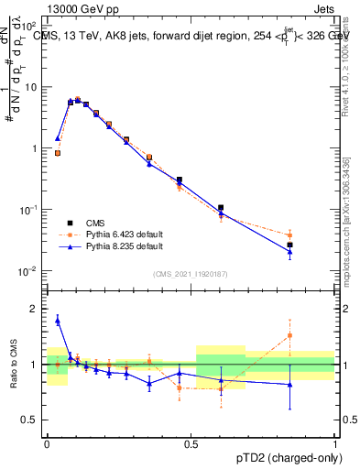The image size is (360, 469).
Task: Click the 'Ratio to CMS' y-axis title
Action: (13, 365)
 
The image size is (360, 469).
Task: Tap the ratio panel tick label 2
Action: (37, 309)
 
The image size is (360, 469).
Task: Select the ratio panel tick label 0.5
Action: (33, 420)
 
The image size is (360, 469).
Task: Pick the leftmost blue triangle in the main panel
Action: (58, 138)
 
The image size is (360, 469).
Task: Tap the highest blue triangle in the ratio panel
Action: (58, 320)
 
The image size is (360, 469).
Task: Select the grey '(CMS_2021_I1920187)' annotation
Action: (190, 272)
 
